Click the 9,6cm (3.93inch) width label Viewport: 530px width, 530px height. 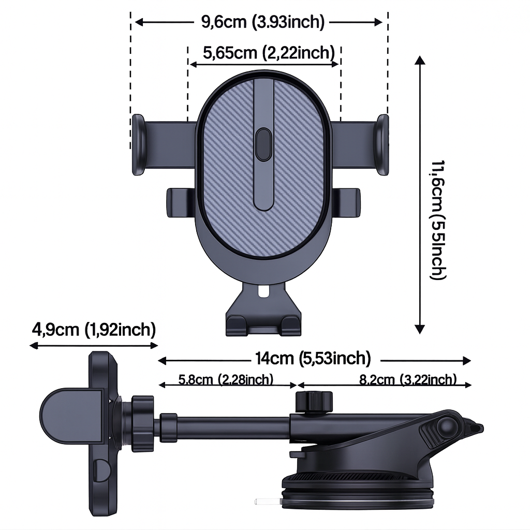pyautogui.click(x=262, y=22)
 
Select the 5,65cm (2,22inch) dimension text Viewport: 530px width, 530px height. pyautogui.click(x=266, y=52)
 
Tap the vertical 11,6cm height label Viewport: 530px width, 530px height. pyautogui.click(x=437, y=220)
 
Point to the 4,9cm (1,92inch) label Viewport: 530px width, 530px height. pyautogui.click(x=94, y=329)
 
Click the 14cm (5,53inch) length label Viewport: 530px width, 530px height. pyautogui.click(x=313, y=358)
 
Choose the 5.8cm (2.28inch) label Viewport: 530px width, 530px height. pyautogui.click(x=226, y=379)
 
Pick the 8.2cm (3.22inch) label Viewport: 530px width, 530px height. pyautogui.click(x=408, y=379)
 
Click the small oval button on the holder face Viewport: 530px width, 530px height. pyautogui.click(x=264, y=144)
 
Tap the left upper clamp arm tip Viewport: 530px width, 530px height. pyautogui.click(x=138, y=144)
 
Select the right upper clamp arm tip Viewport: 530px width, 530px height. pyautogui.click(x=382, y=144)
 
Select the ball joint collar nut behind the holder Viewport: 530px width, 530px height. pyautogui.click(x=142, y=423)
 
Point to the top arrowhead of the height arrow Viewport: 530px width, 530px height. pyautogui.click(x=420, y=60)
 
